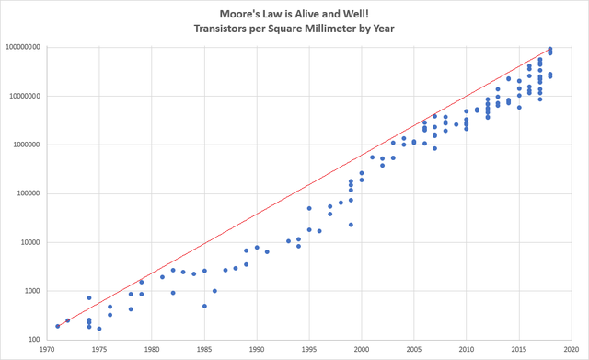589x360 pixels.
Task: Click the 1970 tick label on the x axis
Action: [47, 350]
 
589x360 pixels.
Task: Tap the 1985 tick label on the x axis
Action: [204, 350]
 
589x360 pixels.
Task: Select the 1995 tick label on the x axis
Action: [309, 350]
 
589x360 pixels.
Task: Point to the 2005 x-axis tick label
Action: [414, 350]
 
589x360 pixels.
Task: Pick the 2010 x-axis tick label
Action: [467, 350]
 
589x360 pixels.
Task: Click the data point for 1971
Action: [58, 325]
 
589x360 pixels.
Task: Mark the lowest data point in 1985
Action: [204, 306]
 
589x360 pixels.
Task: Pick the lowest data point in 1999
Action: [351, 225]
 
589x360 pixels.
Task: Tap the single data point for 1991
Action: [267, 251]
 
